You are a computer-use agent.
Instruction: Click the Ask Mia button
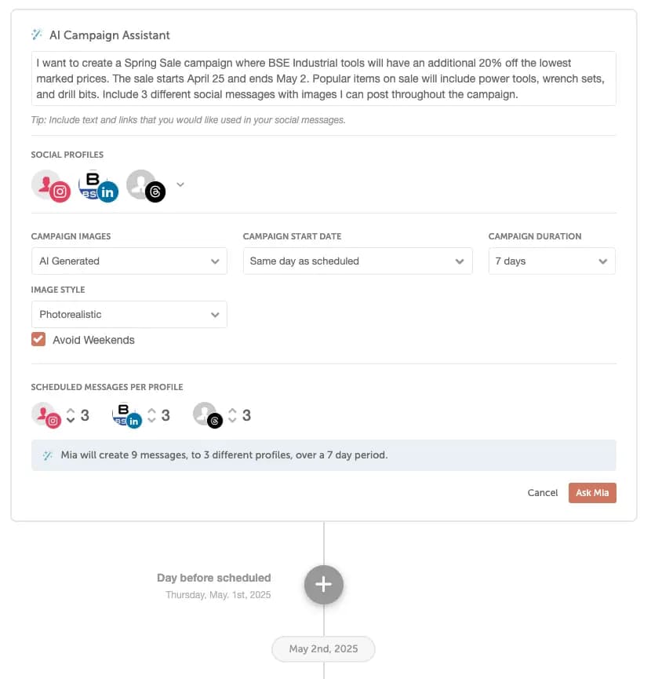(x=592, y=493)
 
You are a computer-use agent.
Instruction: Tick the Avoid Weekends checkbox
(x=38, y=340)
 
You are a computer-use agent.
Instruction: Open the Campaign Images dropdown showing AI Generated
(x=129, y=261)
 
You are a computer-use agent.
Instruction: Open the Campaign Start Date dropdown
(x=358, y=261)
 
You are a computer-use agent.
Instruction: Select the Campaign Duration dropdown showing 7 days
(x=551, y=261)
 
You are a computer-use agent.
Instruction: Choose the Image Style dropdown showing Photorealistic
(x=129, y=315)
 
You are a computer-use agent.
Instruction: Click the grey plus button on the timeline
(x=324, y=585)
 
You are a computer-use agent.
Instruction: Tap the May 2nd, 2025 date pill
(x=323, y=649)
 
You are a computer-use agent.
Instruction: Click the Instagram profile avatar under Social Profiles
(x=51, y=186)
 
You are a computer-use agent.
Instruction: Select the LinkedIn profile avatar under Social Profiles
(x=99, y=186)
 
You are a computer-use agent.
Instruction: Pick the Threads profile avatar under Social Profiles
(x=146, y=186)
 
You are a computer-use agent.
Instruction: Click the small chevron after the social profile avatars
(x=180, y=184)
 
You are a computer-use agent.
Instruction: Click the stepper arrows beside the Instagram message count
(x=71, y=415)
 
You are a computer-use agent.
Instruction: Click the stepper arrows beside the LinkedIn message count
(x=152, y=415)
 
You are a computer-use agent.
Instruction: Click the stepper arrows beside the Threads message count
(x=233, y=415)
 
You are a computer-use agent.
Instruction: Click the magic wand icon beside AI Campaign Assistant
(x=37, y=35)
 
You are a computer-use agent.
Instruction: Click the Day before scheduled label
(x=213, y=578)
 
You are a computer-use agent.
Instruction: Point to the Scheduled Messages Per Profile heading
(x=107, y=387)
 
